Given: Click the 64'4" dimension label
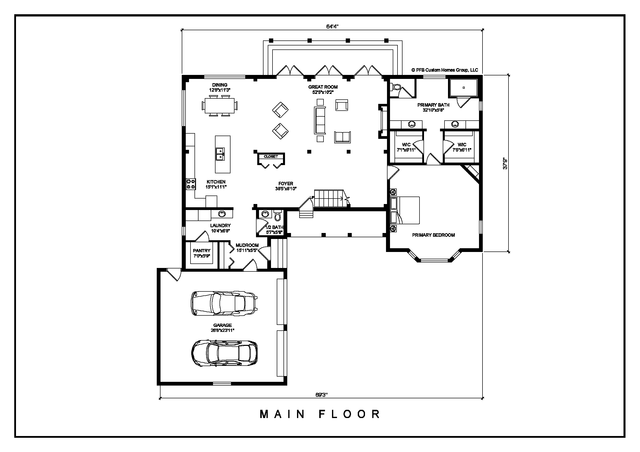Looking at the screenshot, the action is pyautogui.click(x=332, y=26).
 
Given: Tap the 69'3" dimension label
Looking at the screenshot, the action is pyautogui.click(x=321, y=395).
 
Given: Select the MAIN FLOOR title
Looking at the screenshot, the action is pyautogui.click(x=320, y=414).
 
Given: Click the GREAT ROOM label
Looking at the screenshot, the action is pyautogui.click(x=323, y=87).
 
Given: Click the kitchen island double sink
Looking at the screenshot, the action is pyautogui.click(x=220, y=154).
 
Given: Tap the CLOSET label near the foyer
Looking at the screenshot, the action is pyautogui.click(x=271, y=157).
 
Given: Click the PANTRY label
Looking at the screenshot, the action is pyautogui.click(x=201, y=251).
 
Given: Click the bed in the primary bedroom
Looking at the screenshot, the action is pyautogui.click(x=405, y=210).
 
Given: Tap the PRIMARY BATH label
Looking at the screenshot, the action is pyautogui.click(x=433, y=105).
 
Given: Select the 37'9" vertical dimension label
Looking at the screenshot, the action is pyautogui.click(x=505, y=164).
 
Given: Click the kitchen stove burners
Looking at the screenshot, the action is pyautogui.click(x=191, y=184).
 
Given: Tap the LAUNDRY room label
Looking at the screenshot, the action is pyautogui.click(x=220, y=226).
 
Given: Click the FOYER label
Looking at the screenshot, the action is pyautogui.click(x=286, y=184).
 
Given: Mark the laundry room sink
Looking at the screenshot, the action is pyautogui.click(x=222, y=214).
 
